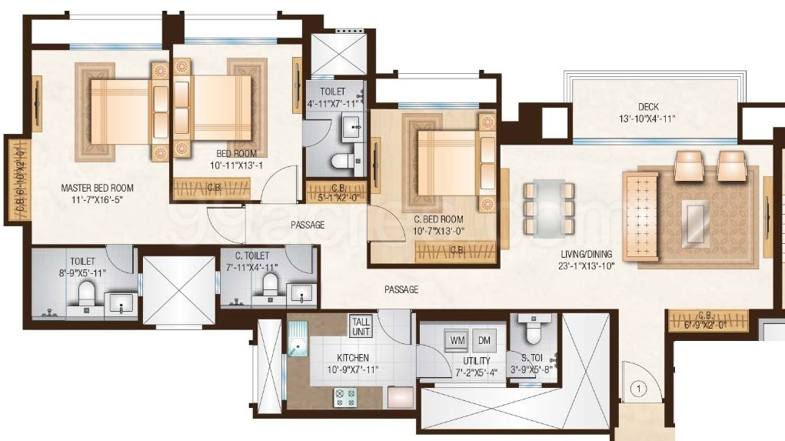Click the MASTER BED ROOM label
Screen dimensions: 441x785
98,188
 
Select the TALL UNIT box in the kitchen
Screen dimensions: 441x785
361,326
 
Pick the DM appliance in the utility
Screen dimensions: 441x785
484,339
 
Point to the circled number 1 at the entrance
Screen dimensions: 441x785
637,389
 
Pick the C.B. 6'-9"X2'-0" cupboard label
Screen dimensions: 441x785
707,319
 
